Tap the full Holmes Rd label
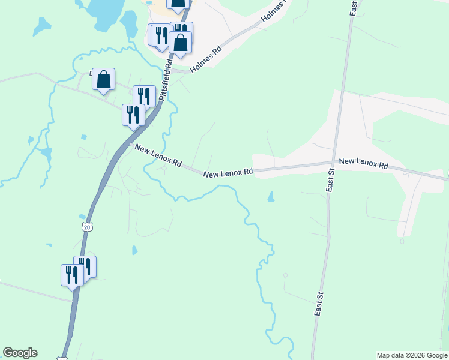point(206,59)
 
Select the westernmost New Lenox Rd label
point(158,155)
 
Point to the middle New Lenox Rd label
point(228,173)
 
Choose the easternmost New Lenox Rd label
point(363,163)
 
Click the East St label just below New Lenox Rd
point(330,180)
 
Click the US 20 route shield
point(87,227)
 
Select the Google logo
point(20,353)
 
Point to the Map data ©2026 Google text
point(411,355)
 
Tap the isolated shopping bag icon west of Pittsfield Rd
point(103,79)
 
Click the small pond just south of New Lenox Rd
point(271,197)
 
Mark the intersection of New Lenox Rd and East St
point(333,163)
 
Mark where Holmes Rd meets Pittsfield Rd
point(172,70)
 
